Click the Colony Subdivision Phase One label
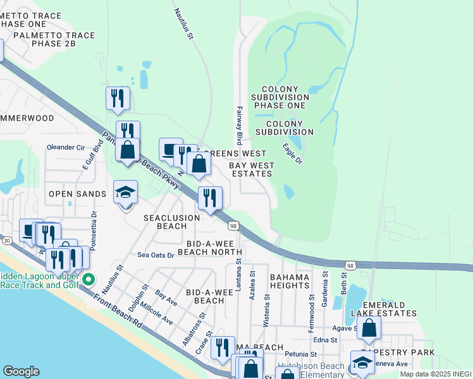click(x=278, y=97)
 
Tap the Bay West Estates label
click(x=253, y=169)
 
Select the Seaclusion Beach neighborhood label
click(x=171, y=222)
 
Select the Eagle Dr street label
click(x=292, y=154)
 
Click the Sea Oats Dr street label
click(x=156, y=255)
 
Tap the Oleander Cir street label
click(x=66, y=147)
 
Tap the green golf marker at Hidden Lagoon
click(x=89, y=279)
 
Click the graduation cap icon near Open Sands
click(x=125, y=192)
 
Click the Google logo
click(x=21, y=371)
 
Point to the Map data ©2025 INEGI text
click(x=436, y=374)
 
